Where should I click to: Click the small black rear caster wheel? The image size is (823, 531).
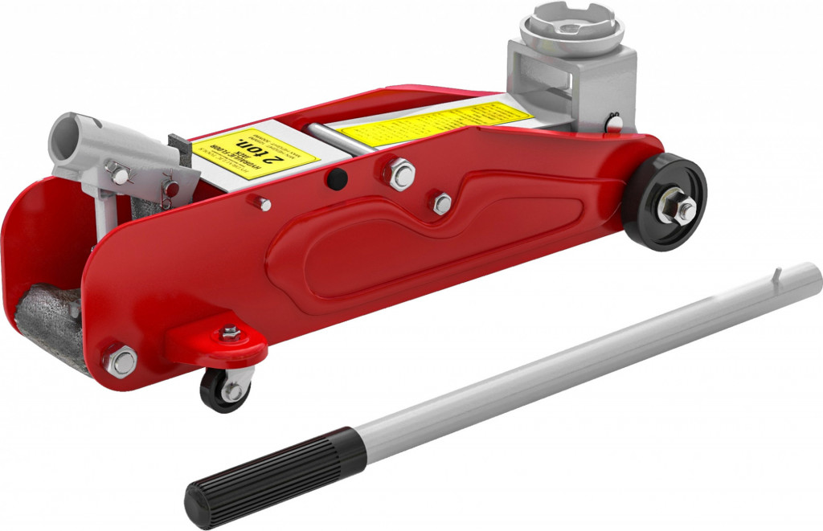[224, 391]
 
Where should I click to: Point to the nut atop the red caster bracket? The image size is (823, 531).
[231, 333]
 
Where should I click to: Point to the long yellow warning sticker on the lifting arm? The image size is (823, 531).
[434, 124]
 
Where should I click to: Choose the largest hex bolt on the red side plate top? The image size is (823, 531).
[399, 173]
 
